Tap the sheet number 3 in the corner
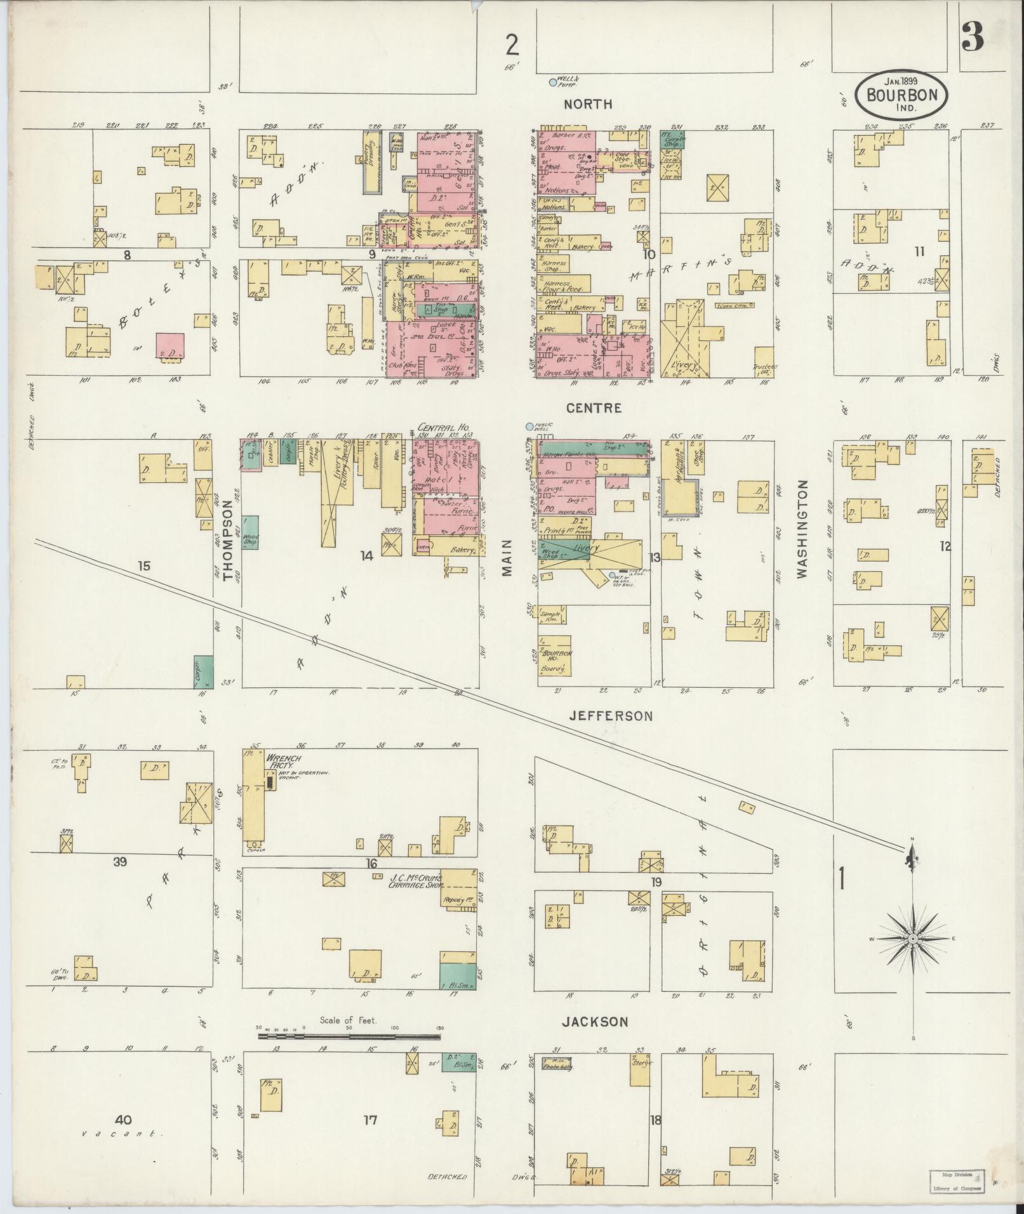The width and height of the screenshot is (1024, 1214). [972, 37]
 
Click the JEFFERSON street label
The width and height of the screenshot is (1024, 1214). [611, 716]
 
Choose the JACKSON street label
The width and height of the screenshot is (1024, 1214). [595, 1022]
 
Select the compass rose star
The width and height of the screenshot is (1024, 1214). [912, 939]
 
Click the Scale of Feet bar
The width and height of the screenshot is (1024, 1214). [349, 1037]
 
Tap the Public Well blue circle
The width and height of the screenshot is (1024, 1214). [530, 426]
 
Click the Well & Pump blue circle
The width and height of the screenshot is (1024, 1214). [552, 82]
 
